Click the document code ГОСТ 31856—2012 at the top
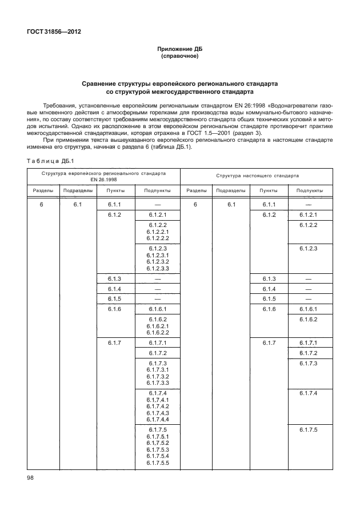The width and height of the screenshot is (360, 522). pos(53,31)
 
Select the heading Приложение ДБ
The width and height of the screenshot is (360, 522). pos(180,50)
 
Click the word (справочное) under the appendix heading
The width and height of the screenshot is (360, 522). pos(180,56)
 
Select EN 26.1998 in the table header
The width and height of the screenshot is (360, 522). pos(103,178)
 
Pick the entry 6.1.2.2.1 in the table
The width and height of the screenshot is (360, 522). pos(158,232)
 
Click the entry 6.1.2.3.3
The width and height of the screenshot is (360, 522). pos(158,268)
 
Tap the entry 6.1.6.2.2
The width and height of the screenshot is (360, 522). pos(158,332)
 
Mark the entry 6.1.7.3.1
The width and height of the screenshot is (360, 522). pos(158,370)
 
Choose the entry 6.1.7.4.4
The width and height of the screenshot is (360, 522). pos(158,419)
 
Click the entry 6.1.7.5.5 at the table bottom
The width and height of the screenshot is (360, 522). pos(158,463)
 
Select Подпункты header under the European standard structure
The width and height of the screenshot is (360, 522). pos(157,190)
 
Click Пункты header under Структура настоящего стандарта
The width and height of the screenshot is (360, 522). pos(269,190)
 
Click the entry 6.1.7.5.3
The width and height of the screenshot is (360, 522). pos(158,449)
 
